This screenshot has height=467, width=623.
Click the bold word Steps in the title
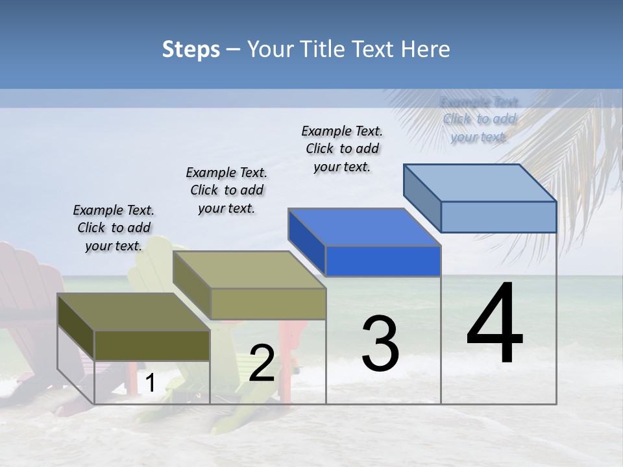pyautogui.click(x=191, y=49)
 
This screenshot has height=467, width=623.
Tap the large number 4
pyautogui.click(x=495, y=324)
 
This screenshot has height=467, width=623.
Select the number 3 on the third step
pyautogui.click(x=380, y=343)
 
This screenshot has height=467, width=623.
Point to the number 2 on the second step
pyautogui.click(x=262, y=363)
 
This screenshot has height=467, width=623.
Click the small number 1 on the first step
pyautogui.click(x=150, y=383)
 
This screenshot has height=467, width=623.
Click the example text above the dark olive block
pyautogui.click(x=114, y=228)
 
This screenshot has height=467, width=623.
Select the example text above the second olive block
pyautogui.click(x=226, y=190)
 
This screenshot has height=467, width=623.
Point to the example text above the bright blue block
pyautogui.click(x=342, y=149)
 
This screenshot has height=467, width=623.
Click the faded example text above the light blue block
pyautogui.click(x=480, y=119)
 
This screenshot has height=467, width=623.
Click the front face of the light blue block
pyautogui.click(x=498, y=217)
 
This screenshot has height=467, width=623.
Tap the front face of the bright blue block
pyautogui.click(x=383, y=261)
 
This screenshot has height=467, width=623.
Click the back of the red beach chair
pyautogui.click(x=26, y=285)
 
